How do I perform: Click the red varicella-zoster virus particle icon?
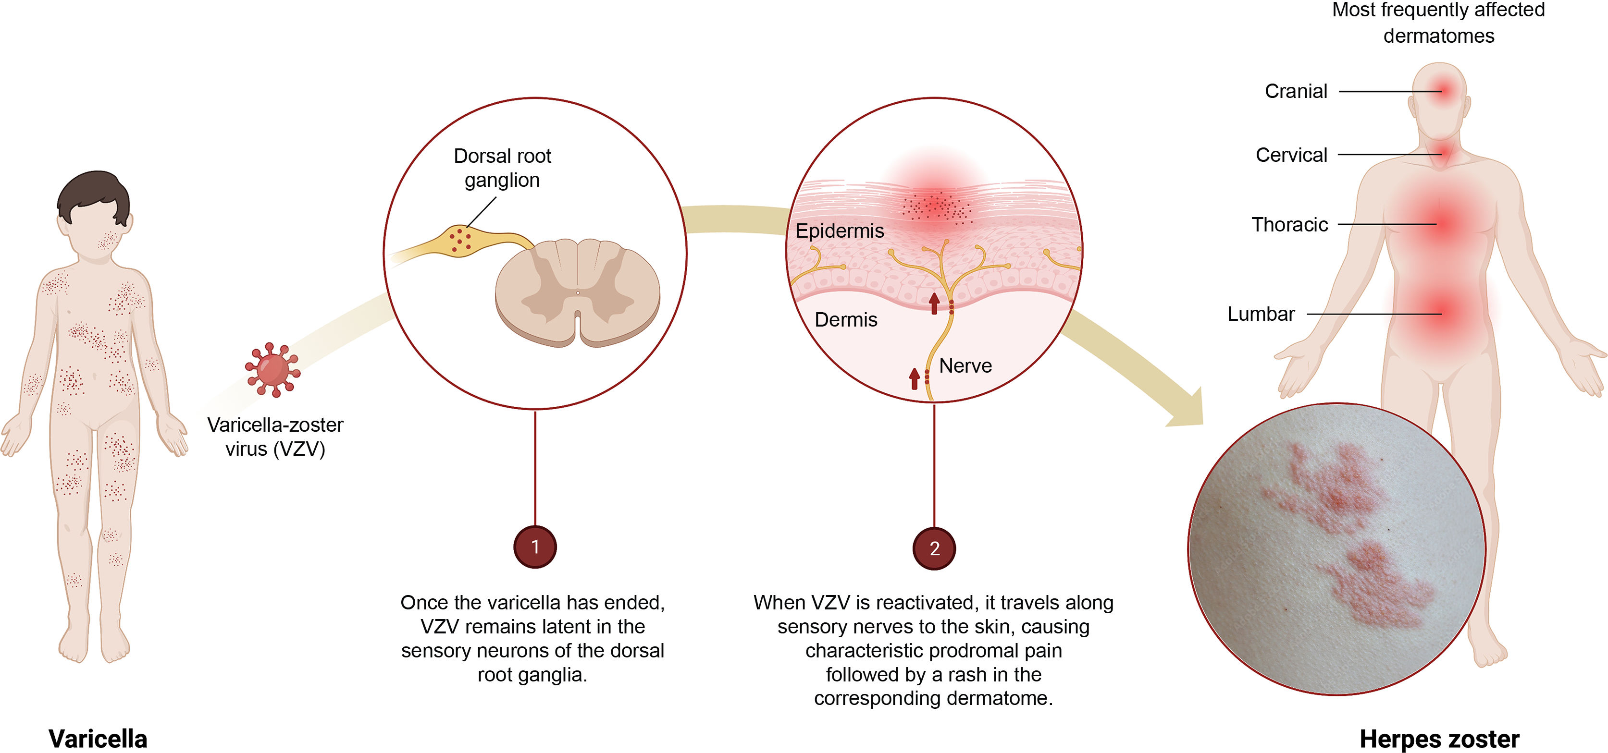point(272,370)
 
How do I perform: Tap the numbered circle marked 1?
point(535,547)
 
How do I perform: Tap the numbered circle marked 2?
point(934,548)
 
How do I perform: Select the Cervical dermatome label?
point(1291,155)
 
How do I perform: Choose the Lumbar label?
point(1261,314)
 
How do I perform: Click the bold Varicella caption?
point(98,739)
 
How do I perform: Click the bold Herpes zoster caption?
point(1439,739)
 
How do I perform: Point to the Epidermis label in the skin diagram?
point(839,231)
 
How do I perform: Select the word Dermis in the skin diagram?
point(845,319)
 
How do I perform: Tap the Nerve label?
point(965,365)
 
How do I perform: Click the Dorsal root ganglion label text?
point(503,168)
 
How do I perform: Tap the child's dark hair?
point(94,190)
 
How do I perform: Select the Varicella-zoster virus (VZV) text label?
point(275,437)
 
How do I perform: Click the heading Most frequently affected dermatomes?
point(1438,23)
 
